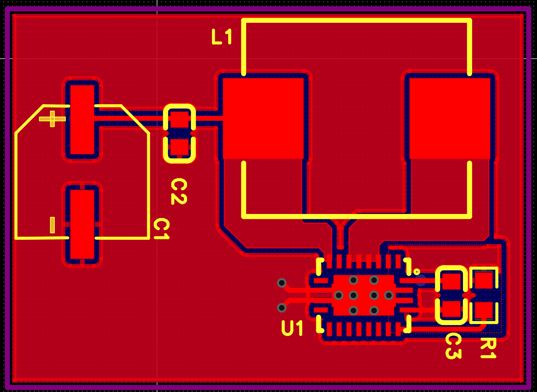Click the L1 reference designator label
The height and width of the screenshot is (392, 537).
click(222, 38)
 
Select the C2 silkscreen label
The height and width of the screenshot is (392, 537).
click(179, 192)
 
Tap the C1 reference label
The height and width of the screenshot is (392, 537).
click(161, 230)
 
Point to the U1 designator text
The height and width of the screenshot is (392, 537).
click(292, 328)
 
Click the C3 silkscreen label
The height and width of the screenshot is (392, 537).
click(453, 346)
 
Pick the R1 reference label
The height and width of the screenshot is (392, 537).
click(488, 348)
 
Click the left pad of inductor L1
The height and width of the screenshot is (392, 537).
click(263, 119)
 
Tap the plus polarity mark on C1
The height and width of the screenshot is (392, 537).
click(53, 119)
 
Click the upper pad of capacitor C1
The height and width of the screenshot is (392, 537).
click(83, 119)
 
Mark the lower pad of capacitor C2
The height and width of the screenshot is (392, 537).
click(179, 147)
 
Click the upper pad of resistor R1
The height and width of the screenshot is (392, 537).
click(484, 280)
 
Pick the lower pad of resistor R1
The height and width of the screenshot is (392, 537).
click(484, 310)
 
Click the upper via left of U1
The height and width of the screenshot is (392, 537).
click(282, 283)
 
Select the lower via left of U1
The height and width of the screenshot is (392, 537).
click(282, 308)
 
